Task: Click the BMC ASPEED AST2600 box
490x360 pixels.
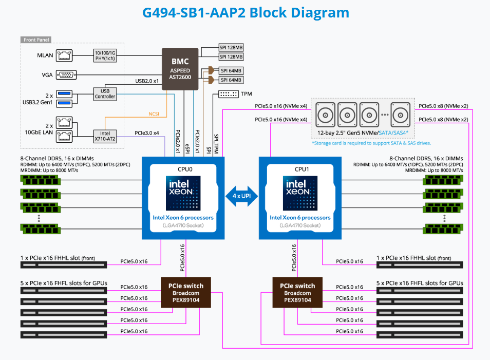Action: pyautogui.click(x=184, y=68)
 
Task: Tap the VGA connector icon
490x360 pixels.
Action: pyautogui.click(x=66, y=74)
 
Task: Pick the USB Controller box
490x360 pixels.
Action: pyautogui.click(x=105, y=93)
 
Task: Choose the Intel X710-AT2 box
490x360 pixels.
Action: pyautogui.click(x=105, y=136)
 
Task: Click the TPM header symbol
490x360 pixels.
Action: pyautogui.click(x=228, y=94)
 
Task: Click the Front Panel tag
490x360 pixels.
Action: pyautogui.click(x=36, y=40)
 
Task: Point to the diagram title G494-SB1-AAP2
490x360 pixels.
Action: pyautogui.click(x=245, y=13)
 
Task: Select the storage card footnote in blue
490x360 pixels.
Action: pyautogui.click(x=371, y=143)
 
